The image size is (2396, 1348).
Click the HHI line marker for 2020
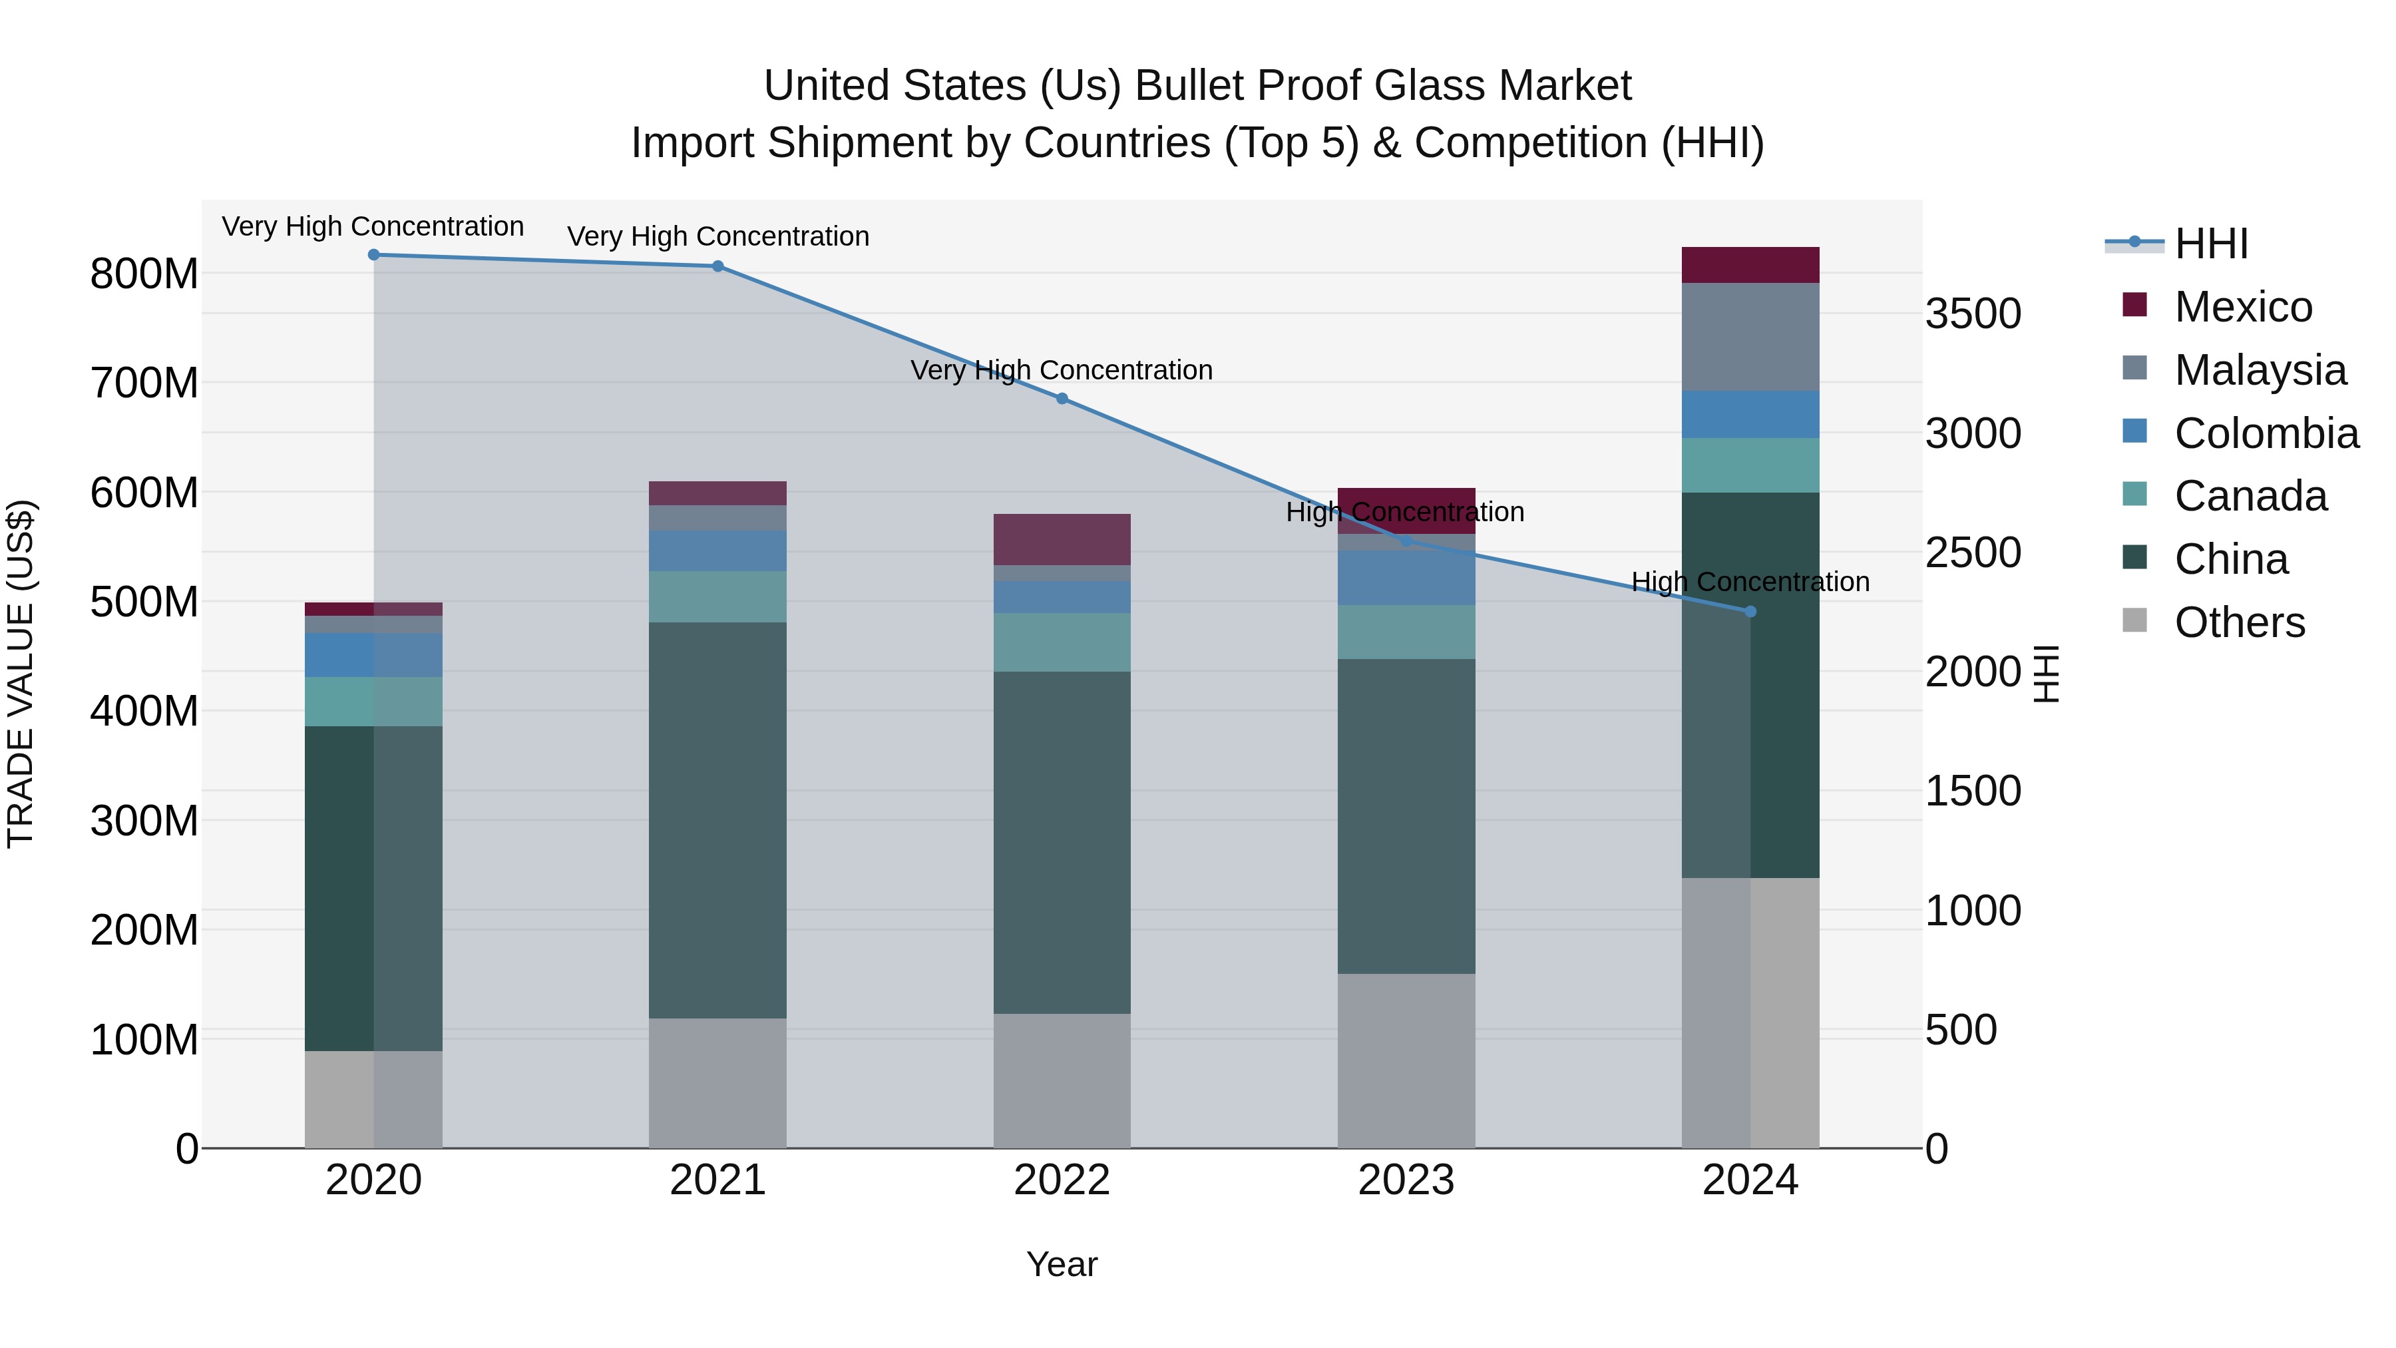click(x=374, y=255)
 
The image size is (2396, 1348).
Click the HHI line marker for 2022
click(x=1062, y=399)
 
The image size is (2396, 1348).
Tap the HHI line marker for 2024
click(x=1750, y=612)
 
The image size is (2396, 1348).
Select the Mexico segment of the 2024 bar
click(x=1750, y=265)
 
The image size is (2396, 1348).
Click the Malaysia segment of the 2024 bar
click(x=1750, y=337)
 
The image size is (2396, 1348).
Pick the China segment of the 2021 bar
click(x=717, y=819)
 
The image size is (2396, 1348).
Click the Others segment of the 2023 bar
click(x=1406, y=1060)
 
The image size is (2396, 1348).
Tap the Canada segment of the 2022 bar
click(x=1062, y=642)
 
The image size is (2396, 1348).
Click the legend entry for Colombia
click(x=2266, y=433)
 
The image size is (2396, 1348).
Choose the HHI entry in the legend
click(x=2211, y=244)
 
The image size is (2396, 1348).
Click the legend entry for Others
click(x=2239, y=622)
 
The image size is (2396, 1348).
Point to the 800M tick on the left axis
click(x=144, y=274)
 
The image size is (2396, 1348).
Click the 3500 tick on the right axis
click(x=1973, y=314)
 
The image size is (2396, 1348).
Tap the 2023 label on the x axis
click(x=1406, y=1180)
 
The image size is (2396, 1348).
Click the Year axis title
click(x=1062, y=1264)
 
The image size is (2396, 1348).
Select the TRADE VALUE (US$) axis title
click(x=21, y=674)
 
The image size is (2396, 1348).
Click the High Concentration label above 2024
click(x=1750, y=582)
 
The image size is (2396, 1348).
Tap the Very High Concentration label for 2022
click(x=1062, y=370)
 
